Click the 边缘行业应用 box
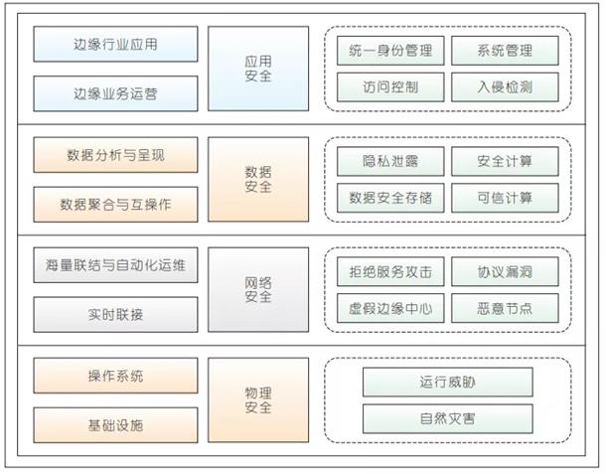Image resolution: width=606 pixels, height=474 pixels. [x=115, y=45]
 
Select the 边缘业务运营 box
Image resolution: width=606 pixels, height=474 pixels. [x=115, y=94]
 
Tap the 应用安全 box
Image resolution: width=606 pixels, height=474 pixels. [x=257, y=70]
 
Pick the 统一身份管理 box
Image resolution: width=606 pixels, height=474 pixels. [x=389, y=51]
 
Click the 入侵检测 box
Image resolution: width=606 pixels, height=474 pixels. [x=504, y=86]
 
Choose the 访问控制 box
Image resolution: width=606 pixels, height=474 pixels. [x=389, y=86]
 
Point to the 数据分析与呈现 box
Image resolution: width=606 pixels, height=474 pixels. [x=115, y=155]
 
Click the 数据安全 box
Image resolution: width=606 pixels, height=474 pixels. [x=257, y=179]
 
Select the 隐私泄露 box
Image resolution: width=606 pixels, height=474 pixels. [x=389, y=161]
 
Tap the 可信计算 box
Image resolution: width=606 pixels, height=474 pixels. [x=504, y=197]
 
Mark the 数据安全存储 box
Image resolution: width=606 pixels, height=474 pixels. [x=389, y=197]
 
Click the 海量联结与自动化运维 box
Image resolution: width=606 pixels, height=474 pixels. [x=115, y=265]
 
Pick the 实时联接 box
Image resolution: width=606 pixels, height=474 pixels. [x=115, y=314]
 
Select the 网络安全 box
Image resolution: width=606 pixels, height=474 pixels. [x=257, y=289]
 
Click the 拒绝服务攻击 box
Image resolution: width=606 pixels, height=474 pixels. [x=389, y=271]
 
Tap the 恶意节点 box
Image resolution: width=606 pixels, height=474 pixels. [x=504, y=307]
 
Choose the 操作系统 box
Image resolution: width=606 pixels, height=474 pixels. [x=115, y=376]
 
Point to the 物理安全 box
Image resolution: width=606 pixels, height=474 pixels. [x=257, y=399]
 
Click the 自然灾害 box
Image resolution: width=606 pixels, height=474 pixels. [x=447, y=417]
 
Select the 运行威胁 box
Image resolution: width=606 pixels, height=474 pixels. [x=447, y=382]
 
